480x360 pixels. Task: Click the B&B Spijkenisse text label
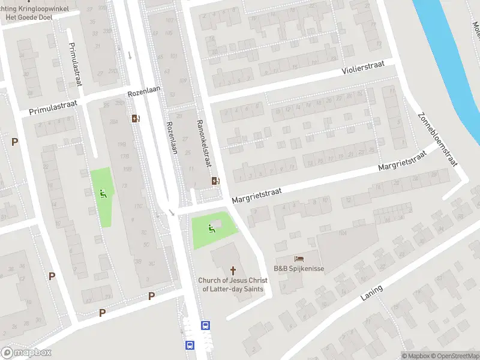(299, 268)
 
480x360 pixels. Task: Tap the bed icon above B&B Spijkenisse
(299, 259)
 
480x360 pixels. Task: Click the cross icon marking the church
(233, 271)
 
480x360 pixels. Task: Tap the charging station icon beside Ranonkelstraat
(215, 181)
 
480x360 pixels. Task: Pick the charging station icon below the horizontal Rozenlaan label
(136, 118)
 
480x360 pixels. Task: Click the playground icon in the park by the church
(211, 229)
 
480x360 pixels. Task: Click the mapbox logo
(26, 353)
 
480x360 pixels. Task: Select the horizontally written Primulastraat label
(53, 108)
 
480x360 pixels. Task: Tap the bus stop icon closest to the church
(205, 325)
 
